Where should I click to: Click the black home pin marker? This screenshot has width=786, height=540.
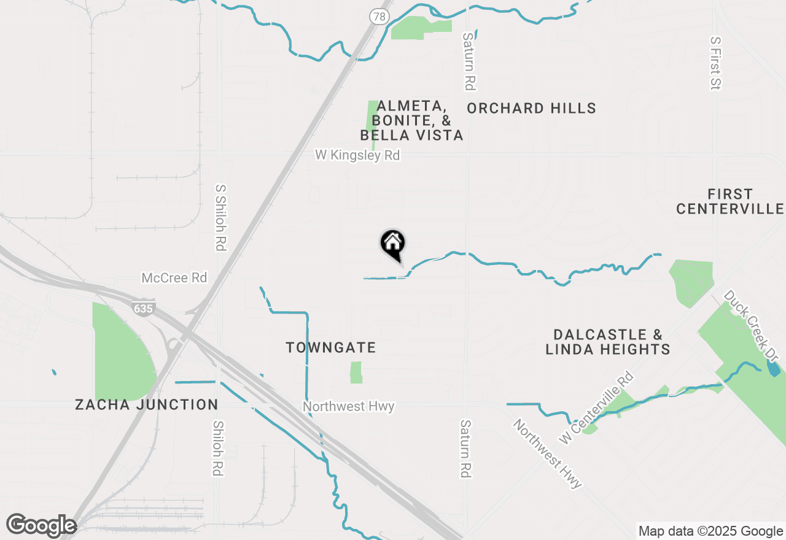click(393, 244)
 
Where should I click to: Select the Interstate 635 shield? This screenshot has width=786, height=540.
click(142, 309)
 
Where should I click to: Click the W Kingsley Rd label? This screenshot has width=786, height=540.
click(357, 156)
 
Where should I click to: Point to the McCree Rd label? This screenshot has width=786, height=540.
click(174, 278)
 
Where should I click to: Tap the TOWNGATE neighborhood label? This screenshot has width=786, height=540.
click(331, 348)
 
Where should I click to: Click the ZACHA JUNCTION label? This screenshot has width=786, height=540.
click(146, 405)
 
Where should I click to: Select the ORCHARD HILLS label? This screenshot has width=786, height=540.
click(531, 109)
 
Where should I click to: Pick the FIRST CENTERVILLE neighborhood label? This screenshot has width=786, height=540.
click(730, 202)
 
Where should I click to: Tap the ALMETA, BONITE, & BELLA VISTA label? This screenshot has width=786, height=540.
click(411, 121)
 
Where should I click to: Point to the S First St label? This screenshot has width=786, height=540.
click(715, 63)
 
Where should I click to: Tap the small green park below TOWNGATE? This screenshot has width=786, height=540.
click(356, 372)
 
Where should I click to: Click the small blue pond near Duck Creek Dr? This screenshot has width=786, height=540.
click(774, 369)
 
